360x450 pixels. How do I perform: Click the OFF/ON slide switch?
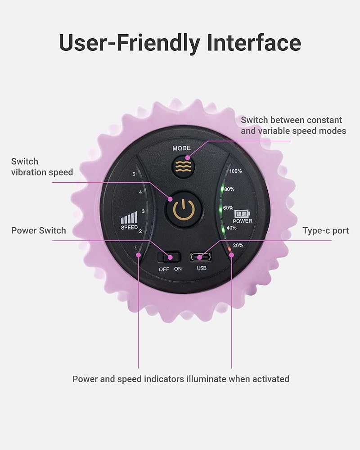[x=169, y=257]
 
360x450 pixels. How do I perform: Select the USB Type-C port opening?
[x=201, y=257]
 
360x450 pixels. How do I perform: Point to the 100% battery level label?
[x=236, y=171]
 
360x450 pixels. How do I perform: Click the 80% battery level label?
[x=229, y=189]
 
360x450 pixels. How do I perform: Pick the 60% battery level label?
[x=228, y=208]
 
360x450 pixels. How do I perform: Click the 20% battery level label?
[x=238, y=246]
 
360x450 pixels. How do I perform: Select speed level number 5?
[x=134, y=174]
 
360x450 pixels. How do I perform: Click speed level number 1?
[x=135, y=248]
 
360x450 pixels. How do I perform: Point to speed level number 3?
[x=143, y=211]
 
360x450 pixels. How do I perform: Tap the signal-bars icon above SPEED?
[x=129, y=218]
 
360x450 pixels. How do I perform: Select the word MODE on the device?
[x=181, y=148]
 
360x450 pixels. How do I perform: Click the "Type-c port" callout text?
[x=325, y=231]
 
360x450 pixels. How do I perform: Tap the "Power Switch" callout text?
[x=39, y=231]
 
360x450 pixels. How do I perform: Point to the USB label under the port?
[x=202, y=269]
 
